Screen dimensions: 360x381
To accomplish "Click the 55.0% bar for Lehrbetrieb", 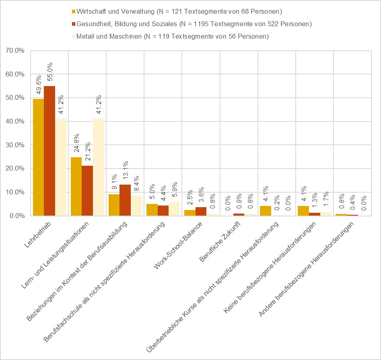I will pyautogui.click(x=49, y=151).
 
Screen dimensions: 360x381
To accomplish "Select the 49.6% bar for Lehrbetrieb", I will pyautogui.click(x=38, y=157).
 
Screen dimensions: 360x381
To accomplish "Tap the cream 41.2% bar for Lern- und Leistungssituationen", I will pyautogui.click(x=99, y=167).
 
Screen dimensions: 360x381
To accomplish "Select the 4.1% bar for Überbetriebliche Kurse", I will pyautogui.click(x=265, y=211).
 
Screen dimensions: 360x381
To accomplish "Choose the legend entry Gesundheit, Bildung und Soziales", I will pyautogui.click(x=192, y=24).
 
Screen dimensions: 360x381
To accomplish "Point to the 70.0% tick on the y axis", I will pyautogui.click(x=15, y=51).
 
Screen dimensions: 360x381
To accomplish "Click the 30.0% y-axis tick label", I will pyautogui.click(x=15, y=145).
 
